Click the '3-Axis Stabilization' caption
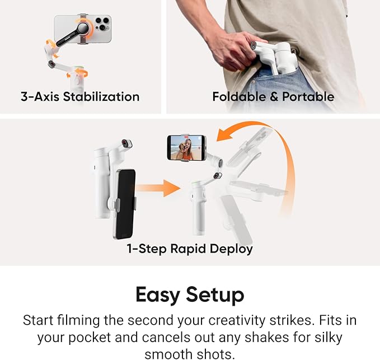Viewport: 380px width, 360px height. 80,97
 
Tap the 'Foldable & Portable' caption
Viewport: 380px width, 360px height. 273,97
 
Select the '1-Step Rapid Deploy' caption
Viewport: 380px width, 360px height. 190,249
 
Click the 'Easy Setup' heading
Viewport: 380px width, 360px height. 190,295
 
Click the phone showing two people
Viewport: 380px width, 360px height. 186,148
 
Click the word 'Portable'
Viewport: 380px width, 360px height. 308,97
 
